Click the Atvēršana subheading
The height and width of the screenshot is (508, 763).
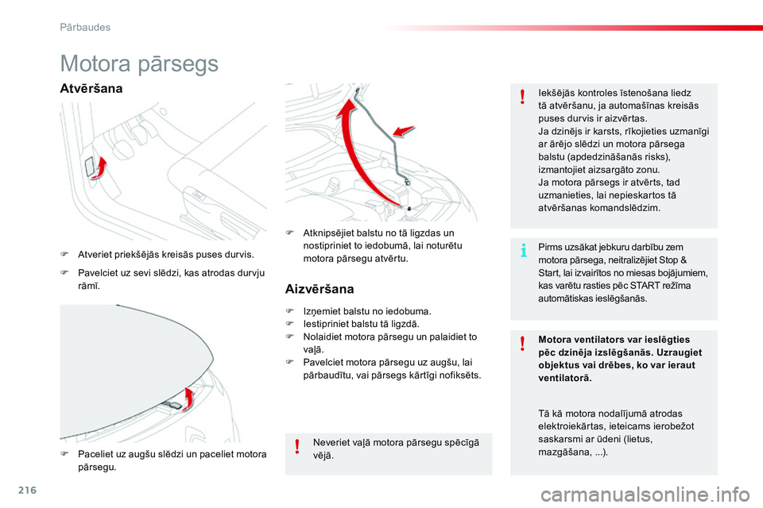91,88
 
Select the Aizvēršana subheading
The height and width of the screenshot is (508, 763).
320,289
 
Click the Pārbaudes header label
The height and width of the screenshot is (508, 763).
85,27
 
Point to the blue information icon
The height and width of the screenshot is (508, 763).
523,252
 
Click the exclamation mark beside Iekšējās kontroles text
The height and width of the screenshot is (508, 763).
523,97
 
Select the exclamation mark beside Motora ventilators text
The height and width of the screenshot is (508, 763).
523,343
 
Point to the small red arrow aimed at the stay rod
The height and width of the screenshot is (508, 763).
404,131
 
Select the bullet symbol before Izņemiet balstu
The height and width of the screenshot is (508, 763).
291,312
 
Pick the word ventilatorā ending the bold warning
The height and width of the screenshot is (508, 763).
564,378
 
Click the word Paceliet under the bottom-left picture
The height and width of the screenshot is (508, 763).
95,455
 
